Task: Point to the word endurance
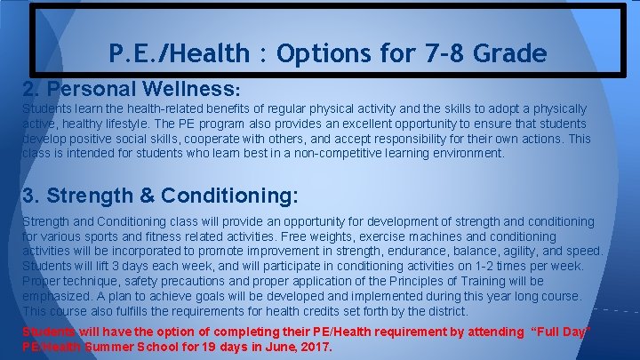416,252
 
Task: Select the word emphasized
56,296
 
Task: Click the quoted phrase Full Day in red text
562,332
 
